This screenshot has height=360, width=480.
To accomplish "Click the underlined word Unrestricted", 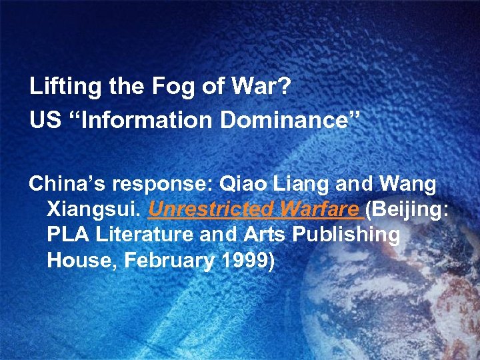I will [211, 210].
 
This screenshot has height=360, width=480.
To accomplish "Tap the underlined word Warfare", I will [319, 210].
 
